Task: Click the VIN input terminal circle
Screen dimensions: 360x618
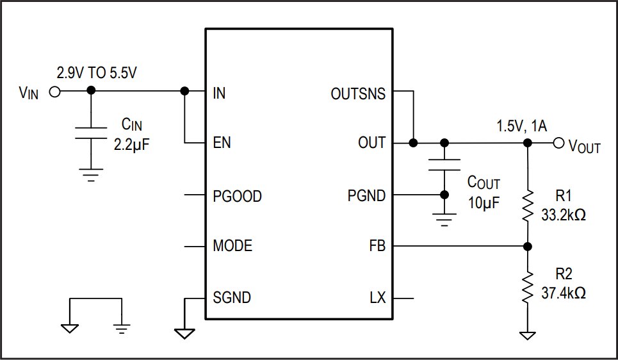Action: click(55, 92)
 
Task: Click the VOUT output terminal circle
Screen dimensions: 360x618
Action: click(558, 143)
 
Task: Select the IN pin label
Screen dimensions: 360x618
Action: click(219, 94)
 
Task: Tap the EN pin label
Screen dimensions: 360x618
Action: click(222, 143)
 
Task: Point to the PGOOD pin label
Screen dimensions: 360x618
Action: click(237, 196)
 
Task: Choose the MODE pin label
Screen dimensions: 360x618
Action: click(232, 246)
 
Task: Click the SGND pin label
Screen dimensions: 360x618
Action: click(232, 298)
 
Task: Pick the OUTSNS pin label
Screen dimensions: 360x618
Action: click(358, 94)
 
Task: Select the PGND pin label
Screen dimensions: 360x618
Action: click(366, 196)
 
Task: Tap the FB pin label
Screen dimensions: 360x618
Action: click(377, 246)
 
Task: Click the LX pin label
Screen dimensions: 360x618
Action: click(377, 298)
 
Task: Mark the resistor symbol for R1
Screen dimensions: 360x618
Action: click(527, 206)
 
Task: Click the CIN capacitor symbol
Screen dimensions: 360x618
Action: click(91, 133)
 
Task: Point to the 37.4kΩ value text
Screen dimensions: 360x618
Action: click(564, 293)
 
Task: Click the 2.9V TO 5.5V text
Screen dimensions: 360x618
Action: click(97, 73)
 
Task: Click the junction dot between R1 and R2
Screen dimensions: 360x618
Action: click(527, 246)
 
